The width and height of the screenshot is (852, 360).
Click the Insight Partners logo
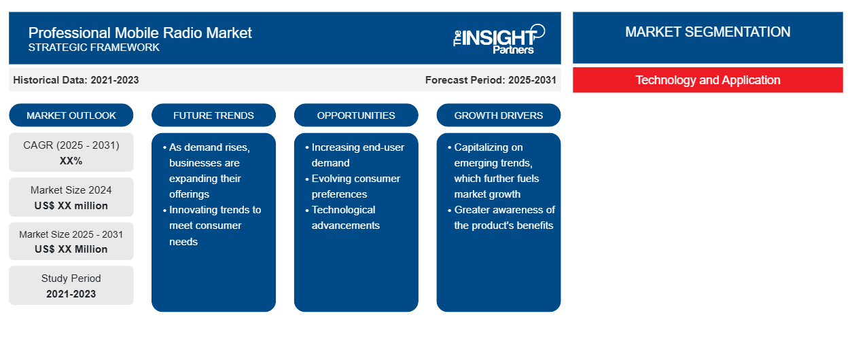[x=499, y=39]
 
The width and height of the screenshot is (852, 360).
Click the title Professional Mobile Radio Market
[x=140, y=33]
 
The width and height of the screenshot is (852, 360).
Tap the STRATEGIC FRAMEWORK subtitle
[x=94, y=48]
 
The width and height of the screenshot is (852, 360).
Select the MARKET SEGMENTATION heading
[x=707, y=32]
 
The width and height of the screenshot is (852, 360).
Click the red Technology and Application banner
[x=708, y=80]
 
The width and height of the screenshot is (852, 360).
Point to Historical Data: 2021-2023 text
[x=76, y=80]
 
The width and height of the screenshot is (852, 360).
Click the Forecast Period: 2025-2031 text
[x=491, y=80]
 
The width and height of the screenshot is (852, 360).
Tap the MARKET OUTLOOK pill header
[x=71, y=115]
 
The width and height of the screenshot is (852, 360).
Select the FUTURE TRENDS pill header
[x=213, y=115]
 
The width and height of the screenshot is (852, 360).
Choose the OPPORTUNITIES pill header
[x=356, y=115]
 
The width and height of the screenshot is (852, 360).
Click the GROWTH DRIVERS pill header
[x=498, y=115]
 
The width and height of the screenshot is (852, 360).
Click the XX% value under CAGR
[x=71, y=161]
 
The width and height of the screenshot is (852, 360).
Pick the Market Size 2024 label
[x=71, y=190]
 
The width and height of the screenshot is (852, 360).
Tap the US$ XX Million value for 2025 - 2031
[x=71, y=249]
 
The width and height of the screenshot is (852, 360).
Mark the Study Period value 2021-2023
[x=71, y=294]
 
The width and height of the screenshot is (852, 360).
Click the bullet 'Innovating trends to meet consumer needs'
[x=212, y=226]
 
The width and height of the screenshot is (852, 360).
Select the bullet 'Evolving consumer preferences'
[x=353, y=186]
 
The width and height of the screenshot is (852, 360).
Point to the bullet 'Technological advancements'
[x=342, y=217]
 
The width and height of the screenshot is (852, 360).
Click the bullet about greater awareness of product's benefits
[x=501, y=217]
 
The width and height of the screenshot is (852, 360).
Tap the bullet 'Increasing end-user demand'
[x=355, y=155]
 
